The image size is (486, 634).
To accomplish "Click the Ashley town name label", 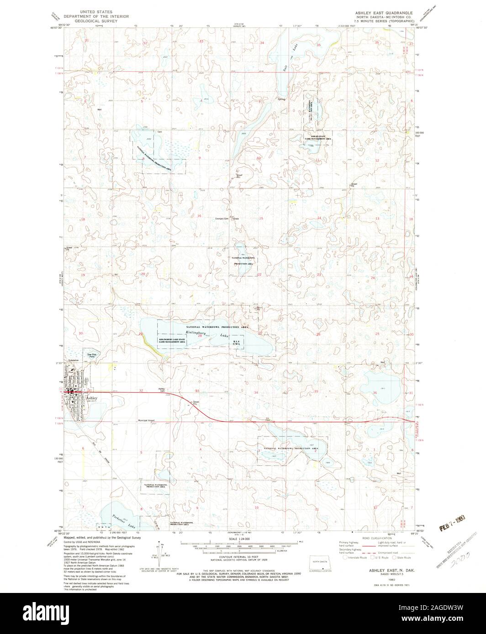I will tap(91, 398).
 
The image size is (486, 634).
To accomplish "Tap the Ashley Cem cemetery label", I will tap(161, 389).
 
